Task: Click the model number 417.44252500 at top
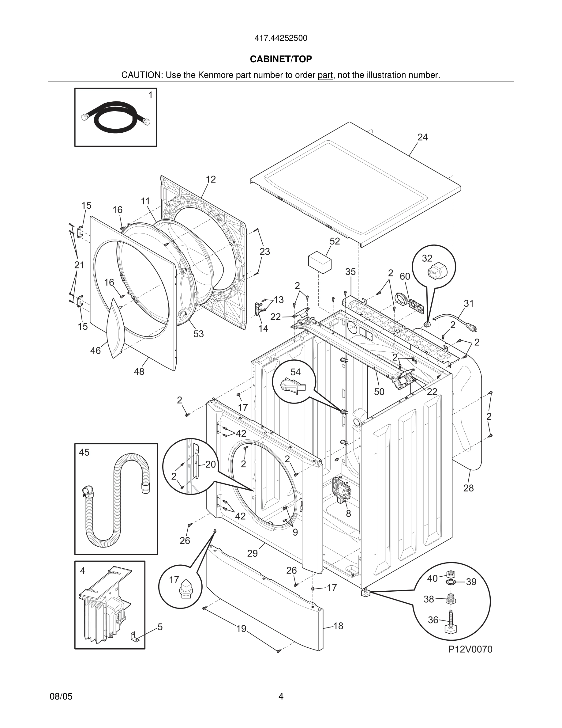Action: pos(281,38)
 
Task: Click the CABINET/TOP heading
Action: pos(281,59)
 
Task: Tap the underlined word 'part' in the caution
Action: pos(325,75)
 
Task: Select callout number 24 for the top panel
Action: pos(422,137)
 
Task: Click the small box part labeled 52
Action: pos(320,262)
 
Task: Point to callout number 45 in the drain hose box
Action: pos(84,452)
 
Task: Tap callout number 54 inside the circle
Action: pos(295,372)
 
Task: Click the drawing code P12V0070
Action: pos(470,649)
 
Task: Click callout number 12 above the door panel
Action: pos(210,180)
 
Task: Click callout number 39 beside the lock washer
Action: pos(471,582)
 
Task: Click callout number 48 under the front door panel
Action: pos(139,372)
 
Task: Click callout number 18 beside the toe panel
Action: pos(338,626)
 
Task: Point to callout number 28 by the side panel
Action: pos(468,488)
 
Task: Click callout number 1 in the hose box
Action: pos(150,95)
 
